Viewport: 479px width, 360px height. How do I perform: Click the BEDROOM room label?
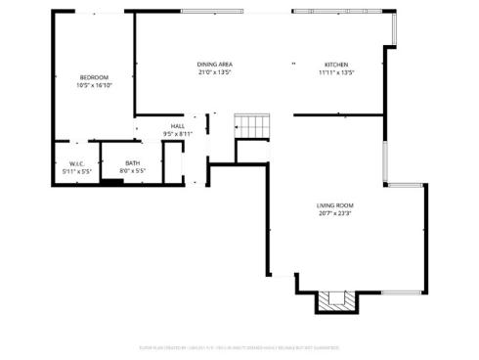point(94,77)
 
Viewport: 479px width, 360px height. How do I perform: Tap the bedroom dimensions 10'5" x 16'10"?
point(94,85)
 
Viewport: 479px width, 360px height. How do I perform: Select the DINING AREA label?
point(215,65)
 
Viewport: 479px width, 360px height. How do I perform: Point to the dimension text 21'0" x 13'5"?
point(215,72)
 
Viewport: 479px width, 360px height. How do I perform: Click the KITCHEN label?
point(335,65)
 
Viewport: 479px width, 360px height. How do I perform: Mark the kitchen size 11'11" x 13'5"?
point(335,72)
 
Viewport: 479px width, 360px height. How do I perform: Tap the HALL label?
point(178,126)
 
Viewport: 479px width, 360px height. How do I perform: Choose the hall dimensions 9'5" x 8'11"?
point(178,134)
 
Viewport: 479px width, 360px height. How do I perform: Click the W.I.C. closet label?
point(76,163)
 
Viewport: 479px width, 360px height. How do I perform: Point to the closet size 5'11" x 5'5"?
point(76,171)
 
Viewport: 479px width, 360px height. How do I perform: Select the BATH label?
point(132,163)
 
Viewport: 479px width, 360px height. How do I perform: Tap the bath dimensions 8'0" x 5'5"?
point(132,171)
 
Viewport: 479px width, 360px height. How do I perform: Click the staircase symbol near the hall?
point(252,126)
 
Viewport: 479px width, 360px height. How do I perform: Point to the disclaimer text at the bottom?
point(239,345)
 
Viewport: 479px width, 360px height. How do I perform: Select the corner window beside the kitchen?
point(393,29)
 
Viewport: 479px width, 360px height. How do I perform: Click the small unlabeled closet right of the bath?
point(173,163)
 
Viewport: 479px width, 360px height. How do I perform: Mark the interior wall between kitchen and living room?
point(337,114)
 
